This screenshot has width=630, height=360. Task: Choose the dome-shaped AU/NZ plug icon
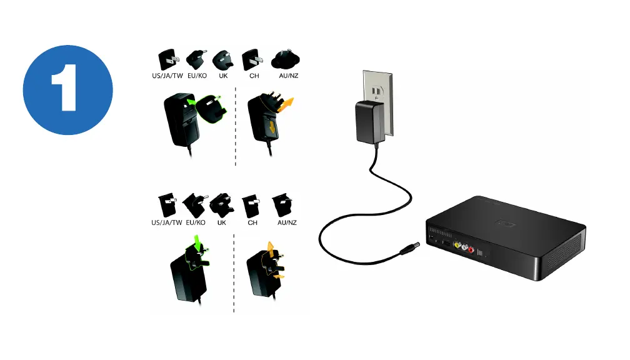(287, 60)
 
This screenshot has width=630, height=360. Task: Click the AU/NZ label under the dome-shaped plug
(287, 77)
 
